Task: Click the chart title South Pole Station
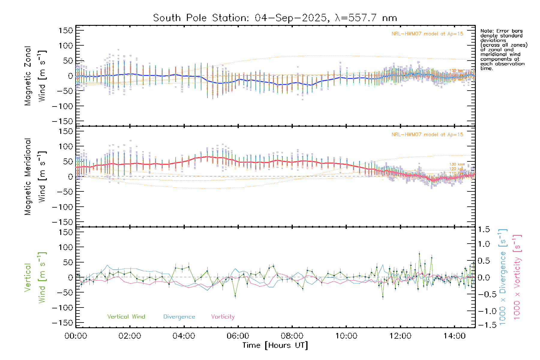(275, 18)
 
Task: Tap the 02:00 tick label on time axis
(130, 336)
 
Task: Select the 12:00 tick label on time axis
(400, 336)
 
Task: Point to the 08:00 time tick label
(292, 336)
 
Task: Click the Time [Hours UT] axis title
(275, 345)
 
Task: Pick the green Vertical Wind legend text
(126, 317)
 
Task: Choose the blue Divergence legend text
(179, 317)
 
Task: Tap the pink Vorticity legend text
(223, 317)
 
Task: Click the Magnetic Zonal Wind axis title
(35, 76)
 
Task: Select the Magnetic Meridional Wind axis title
(35, 177)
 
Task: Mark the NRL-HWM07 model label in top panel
(427, 34)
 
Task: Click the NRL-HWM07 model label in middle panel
(427, 135)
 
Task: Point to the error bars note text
(503, 49)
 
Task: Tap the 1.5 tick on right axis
(484, 229)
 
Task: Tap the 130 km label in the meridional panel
(456, 164)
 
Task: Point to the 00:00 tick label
(76, 336)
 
